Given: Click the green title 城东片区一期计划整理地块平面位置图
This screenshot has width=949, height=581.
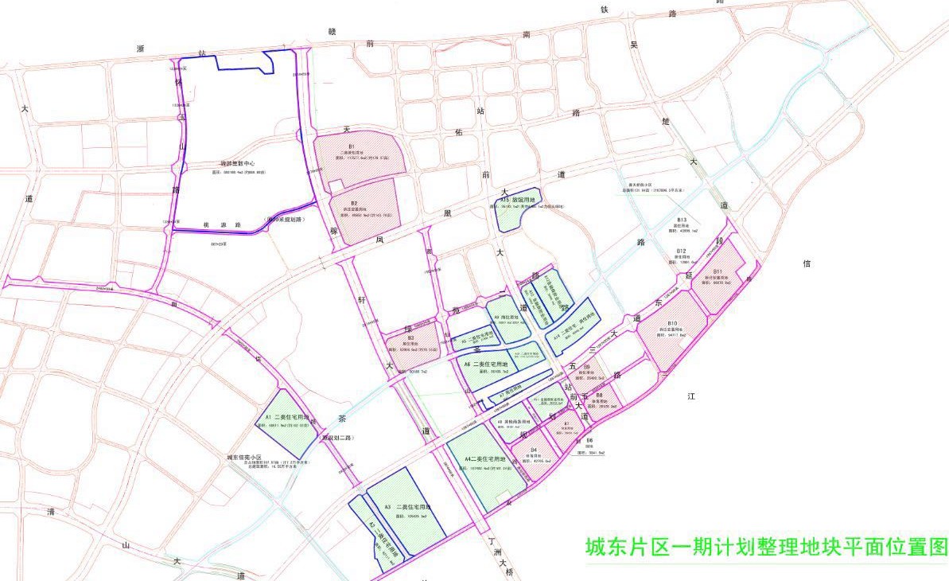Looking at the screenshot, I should click(766, 548).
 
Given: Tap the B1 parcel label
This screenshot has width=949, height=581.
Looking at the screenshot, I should click(351, 147).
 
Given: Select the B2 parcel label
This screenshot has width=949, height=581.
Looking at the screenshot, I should click(354, 204).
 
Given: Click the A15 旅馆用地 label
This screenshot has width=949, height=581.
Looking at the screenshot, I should click(518, 200).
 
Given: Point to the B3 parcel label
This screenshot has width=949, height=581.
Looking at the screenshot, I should click(410, 337).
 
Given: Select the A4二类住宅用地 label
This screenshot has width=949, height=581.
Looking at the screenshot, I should click(486, 459).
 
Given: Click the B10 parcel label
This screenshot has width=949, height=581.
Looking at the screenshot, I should click(672, 323).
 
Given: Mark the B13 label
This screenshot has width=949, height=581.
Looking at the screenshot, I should click(682, 220).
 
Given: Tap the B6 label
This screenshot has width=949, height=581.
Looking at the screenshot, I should click(589, 440).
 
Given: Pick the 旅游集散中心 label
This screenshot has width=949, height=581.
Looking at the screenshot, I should click(238, 164).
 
